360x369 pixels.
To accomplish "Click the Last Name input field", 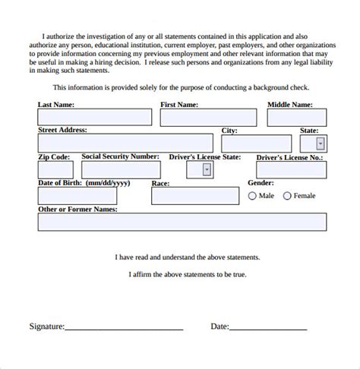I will [94, 118].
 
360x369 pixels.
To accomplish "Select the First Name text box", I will [204, 118].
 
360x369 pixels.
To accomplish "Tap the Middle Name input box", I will [296, 118].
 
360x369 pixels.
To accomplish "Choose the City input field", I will [256, 143].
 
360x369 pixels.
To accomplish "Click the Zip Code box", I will [55, 169].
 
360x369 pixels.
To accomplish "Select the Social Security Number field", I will [121, 169].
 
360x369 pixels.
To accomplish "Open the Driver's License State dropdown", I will [207, 170].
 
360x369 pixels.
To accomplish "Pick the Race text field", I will [194, 196].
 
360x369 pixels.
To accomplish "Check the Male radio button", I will [253, 196].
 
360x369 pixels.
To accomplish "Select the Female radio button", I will [287, 196].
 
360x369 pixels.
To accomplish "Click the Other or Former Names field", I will [182, 222].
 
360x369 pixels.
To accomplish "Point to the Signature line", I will [124, 329].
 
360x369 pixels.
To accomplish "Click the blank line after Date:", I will [268, 329].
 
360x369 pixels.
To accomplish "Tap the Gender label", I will [261, 183].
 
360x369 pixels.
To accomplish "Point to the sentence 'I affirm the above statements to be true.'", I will [187, 274].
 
